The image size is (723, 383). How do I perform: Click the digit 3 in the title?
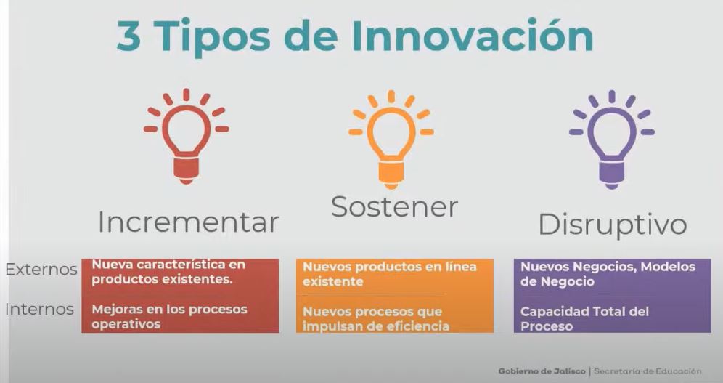pos(129,36)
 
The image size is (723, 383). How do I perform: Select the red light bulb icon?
pos(187,137)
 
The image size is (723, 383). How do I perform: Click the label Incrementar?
pos(188,222)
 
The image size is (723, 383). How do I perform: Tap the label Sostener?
pos(394,206)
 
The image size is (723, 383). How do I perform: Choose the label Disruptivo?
pos(613,225)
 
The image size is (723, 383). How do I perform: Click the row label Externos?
pos(41,269)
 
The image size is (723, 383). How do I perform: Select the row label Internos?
pos(40,309)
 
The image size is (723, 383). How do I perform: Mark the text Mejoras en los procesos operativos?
pos(169,316)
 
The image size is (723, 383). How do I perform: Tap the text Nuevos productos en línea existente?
pos(390,274)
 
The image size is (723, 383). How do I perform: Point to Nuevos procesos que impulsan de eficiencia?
pos(376,318)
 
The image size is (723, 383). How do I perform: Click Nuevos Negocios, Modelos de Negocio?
pos(608,274)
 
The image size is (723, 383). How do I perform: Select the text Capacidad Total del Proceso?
pos(584,318)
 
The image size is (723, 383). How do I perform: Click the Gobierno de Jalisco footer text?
pos(542,371)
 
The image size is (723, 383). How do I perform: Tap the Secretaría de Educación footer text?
pos(648,371)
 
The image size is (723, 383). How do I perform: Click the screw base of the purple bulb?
pos(612,174)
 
